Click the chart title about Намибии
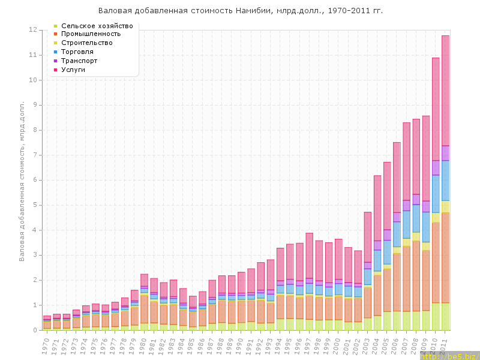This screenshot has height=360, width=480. coord(240,11)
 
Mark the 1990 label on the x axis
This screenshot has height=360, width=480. coord(239,344)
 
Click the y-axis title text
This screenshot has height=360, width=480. coord(22,180)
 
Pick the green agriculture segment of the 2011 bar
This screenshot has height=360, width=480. coord(445,316)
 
